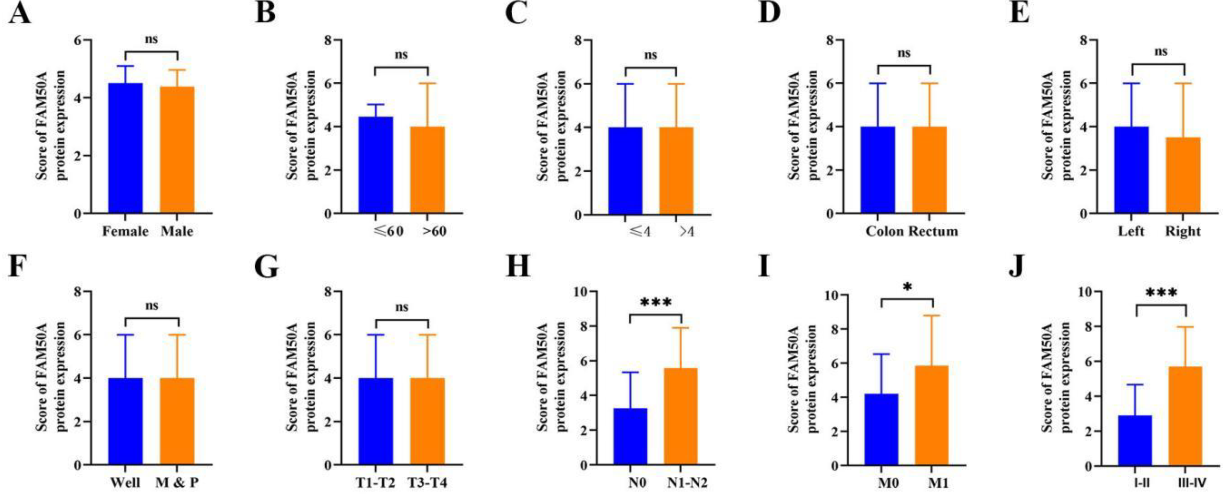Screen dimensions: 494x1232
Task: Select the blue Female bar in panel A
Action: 125,148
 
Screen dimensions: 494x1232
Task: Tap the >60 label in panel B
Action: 434,232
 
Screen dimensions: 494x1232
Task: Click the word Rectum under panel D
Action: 933,232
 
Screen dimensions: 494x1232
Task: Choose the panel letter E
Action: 1019,13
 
